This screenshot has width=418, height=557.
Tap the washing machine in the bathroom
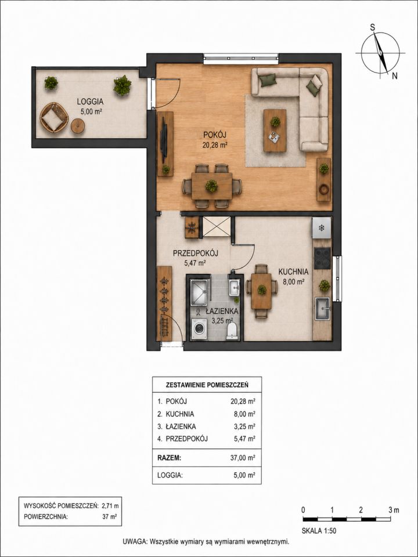[199, 330]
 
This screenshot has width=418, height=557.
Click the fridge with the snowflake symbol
[321, 227]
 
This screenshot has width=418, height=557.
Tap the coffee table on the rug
[275, 131]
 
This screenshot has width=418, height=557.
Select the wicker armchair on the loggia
[54, 117]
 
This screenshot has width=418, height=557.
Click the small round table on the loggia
[77, 126]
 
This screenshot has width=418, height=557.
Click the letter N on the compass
[395, 76]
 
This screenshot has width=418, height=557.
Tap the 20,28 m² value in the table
[243, 402]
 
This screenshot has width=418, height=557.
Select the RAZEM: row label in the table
[169, 458]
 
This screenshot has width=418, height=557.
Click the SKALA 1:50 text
[319, 531]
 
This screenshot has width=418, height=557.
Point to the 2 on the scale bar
[361, 510]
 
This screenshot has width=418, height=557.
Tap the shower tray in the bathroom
[199, 292]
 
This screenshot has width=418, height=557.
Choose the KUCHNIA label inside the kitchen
[293, 272]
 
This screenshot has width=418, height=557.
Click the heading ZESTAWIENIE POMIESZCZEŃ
[207, 385]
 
